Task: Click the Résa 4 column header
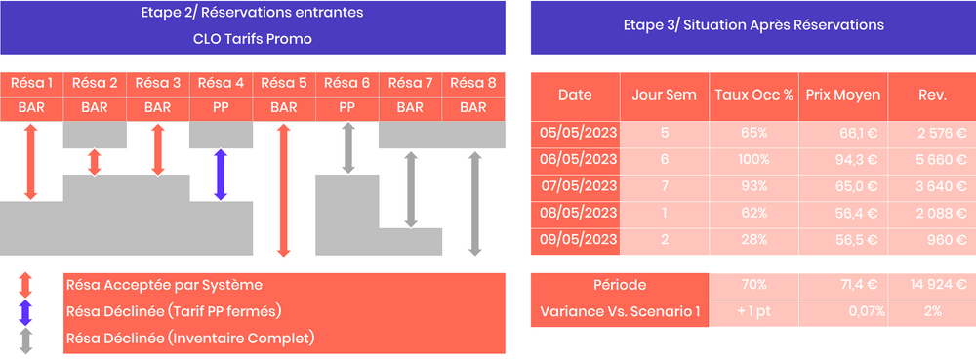coord(221,83)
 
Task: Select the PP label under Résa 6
coord(346,107)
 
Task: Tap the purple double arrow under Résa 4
coord(221,175)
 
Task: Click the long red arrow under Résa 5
coord(284,190)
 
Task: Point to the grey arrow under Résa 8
coord(474,202)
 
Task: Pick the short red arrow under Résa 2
coord(95,162)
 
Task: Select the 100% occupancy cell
coord(753,159)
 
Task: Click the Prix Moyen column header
coord(842,95)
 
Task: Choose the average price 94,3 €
coord(842,159)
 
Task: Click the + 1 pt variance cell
coord(753,311)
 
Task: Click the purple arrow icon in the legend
coord(26,311)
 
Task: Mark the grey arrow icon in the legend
coord(26,340)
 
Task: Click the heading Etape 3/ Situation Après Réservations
coord(752,25)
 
